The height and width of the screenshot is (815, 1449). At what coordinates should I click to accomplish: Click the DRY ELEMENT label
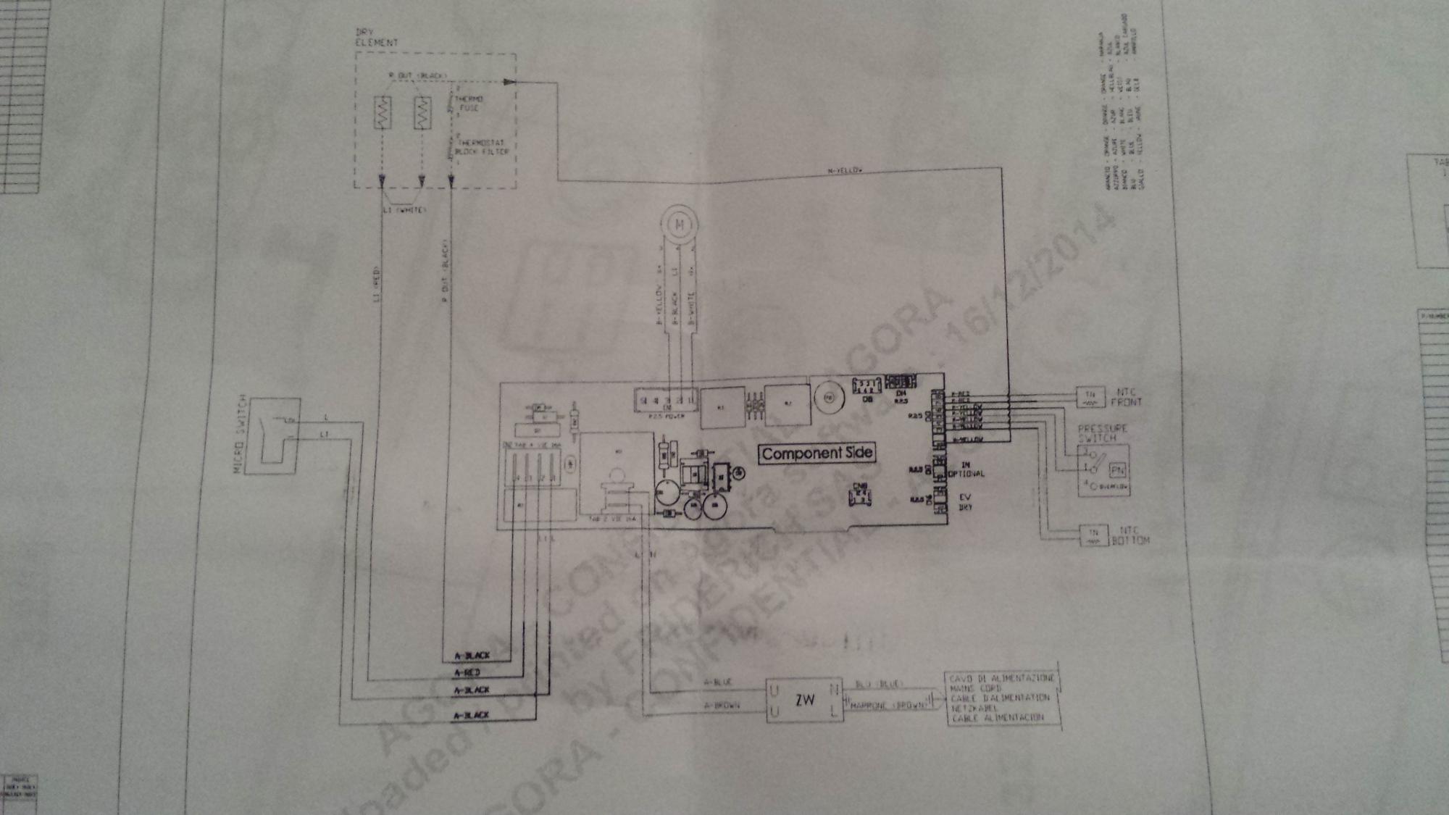point(376,38)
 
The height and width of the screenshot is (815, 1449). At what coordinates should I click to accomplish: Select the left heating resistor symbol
point(383,114)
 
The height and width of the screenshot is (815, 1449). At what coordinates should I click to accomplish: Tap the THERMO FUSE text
point(469,104)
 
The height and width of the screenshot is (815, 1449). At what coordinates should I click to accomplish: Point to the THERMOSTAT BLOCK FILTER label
point(480,148)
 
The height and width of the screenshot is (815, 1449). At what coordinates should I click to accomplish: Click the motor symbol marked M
point(680,225)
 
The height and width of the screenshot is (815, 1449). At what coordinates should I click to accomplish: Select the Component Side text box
point(817,454)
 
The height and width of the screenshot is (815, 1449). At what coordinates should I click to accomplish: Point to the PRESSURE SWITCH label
point(1102,433)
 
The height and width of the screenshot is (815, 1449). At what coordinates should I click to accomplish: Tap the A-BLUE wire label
point(718,682)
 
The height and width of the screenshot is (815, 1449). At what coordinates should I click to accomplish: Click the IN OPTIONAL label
point(966,469)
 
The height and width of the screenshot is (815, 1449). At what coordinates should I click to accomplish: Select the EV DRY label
point(965,502)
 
